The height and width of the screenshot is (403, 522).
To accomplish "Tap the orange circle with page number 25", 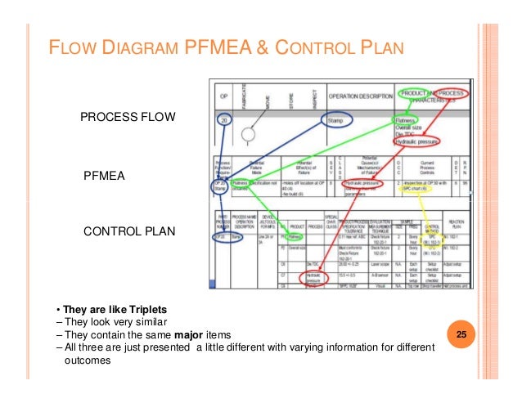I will pos(461,336).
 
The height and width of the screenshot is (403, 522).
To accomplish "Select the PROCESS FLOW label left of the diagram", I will pos(128,118).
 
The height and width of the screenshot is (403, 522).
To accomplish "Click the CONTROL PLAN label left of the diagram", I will pos(131,231).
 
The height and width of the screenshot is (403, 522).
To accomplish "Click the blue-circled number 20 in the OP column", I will pos(224,120).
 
